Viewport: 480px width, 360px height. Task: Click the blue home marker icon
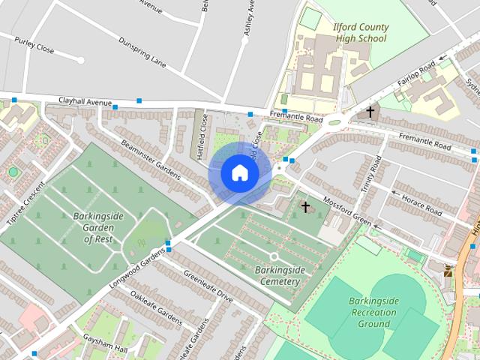pos(239,172)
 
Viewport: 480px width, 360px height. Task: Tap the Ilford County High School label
pos(360,33)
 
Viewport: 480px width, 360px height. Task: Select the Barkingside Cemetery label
pos(277,275)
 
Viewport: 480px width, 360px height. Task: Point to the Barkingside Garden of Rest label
pos(98,227)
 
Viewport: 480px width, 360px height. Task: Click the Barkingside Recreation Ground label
pos(373,313)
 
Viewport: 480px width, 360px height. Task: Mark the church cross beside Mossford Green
pos(305,205)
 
